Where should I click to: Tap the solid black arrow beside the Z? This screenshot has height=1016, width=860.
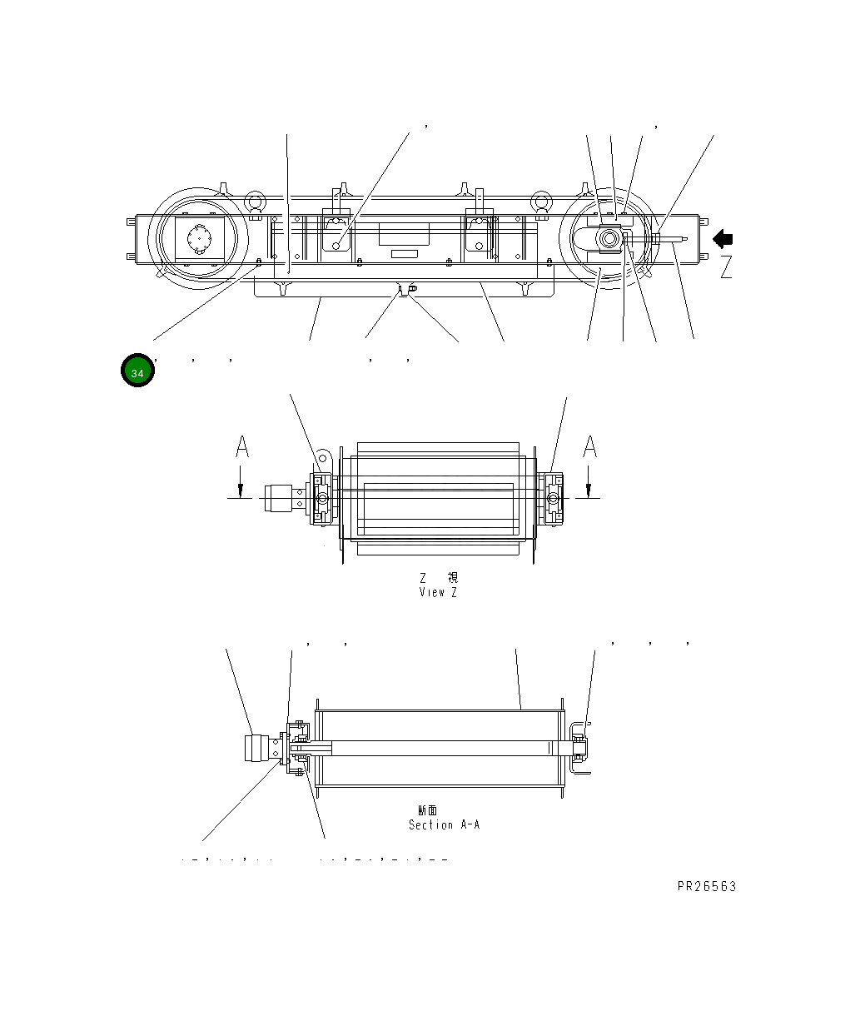[723, 239]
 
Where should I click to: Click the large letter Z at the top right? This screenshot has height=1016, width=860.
[726, 267]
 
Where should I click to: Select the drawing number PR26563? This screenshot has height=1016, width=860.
[706, 887]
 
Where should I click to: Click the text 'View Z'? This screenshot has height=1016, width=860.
[438, 593]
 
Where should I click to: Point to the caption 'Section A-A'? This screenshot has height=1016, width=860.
[444, 824]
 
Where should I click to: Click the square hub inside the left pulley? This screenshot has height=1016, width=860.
[199, 238]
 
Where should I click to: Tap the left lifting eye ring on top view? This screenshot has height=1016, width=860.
[256, 202]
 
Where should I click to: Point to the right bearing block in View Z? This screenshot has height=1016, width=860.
[552, 499]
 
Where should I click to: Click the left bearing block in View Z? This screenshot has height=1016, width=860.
[321, 499]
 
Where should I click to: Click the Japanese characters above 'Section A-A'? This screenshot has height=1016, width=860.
[428, 809]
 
